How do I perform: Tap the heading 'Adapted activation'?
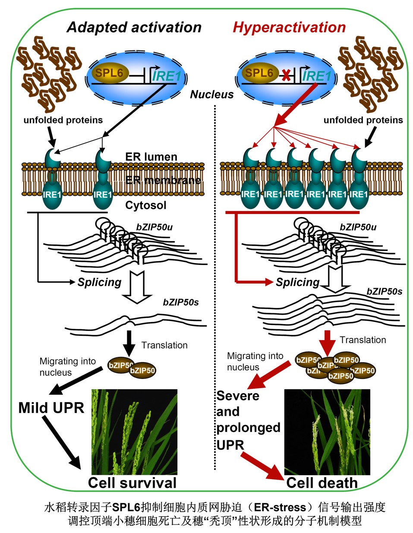(134, 28)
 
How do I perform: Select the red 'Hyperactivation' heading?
(289, 28)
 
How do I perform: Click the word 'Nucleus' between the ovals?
(212, 95)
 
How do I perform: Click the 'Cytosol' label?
(145, 205)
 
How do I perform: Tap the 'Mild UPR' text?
(51, 407)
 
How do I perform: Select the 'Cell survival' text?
(132, 483)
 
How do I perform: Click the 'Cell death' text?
(322, 483)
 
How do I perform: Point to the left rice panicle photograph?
(134, 432)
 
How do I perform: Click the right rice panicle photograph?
(327, 432)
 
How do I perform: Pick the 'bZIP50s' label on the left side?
(181, 302)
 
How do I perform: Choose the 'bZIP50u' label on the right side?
(358, 227)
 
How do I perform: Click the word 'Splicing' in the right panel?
(297, 283)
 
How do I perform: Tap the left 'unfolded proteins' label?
(63, 120)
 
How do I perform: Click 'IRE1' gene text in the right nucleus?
(316, 76)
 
